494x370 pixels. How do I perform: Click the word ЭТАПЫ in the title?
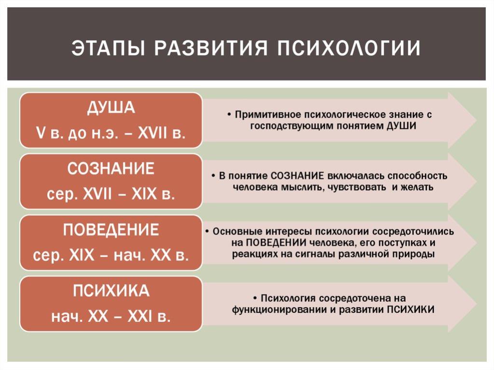108,48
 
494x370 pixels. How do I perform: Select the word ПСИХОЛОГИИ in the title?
349,48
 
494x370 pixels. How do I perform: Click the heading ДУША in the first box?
111,108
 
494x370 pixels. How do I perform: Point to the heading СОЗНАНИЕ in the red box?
111,169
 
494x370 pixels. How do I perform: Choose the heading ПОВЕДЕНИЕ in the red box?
111,230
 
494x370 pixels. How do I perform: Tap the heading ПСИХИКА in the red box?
111,290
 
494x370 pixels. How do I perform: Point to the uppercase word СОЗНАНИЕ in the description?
297,176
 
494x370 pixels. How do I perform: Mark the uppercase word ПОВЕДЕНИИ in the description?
276,243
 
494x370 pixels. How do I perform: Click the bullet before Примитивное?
229,114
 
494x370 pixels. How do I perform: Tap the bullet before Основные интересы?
207,232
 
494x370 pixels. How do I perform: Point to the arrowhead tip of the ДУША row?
476,120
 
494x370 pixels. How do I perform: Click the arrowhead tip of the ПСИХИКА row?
476,304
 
